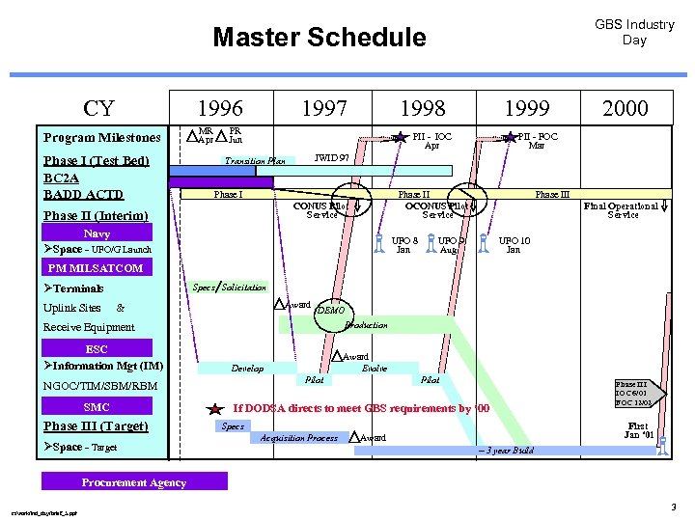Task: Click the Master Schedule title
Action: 319,38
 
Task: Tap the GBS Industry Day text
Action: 634,32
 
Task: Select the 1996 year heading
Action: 220,107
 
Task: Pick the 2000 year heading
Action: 625,107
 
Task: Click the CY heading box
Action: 98,107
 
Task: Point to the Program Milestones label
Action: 102,137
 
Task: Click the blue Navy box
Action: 97,233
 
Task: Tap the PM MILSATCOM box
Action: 95,268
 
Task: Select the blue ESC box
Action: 97,348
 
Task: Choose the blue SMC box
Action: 97,407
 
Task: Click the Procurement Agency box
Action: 134,481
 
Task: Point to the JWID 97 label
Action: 333,156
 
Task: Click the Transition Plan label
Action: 255,161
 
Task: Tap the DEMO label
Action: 330,311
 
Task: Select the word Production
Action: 366,325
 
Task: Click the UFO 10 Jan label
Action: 514,244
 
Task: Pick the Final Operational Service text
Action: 623,209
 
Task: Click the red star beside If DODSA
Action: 216,409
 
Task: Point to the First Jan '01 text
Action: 638,430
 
